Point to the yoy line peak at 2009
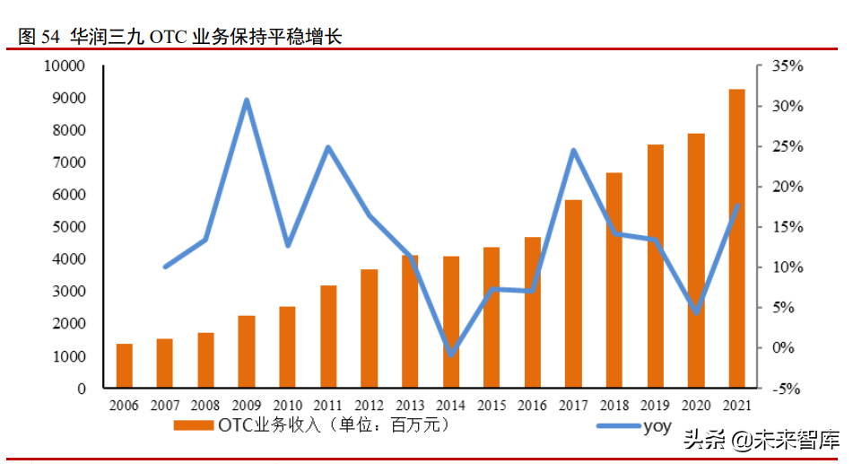[x=247, y=100]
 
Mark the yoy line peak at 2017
[x=574, y=150]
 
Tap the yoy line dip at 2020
[x=697, y=312]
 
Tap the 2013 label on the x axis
[x=410, y=406]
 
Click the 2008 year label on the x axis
[x=205, y=406]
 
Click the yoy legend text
[x=657, y=425]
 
